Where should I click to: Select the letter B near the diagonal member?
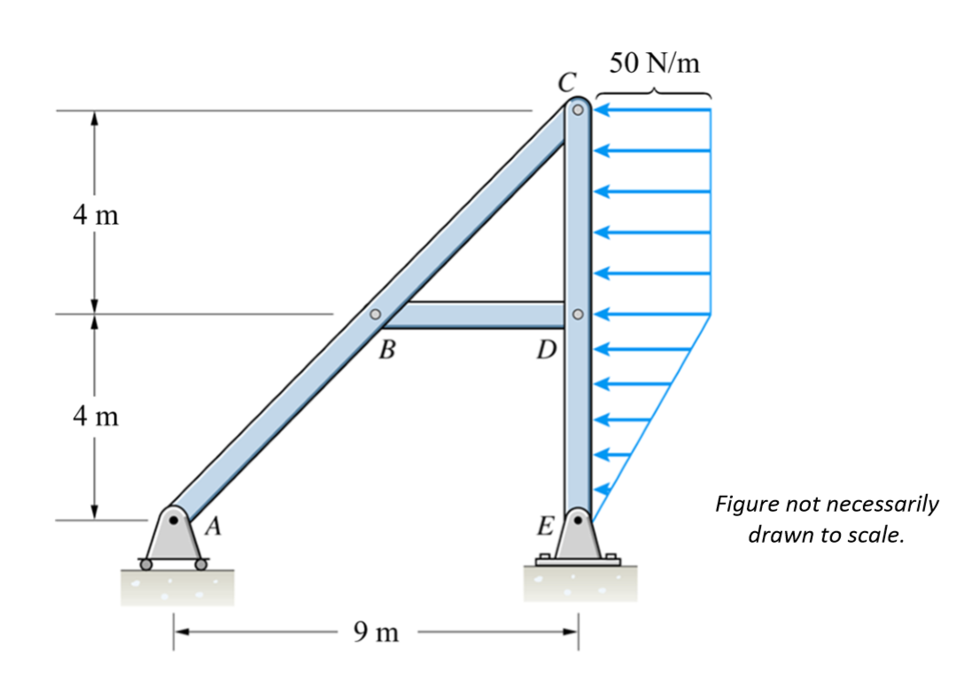point(385,350)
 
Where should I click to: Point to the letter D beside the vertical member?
point(546,352)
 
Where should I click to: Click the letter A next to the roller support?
point(213,529)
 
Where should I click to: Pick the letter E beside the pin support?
point(547,529)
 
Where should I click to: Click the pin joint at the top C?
point(577,111)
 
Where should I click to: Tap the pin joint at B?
point(375,314)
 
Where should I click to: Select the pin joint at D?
point(577,314)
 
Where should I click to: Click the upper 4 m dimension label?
point(95,215)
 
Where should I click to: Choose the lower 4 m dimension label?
point(95,415)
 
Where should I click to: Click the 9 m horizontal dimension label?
point(376,632)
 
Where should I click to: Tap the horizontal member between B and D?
point(478,314)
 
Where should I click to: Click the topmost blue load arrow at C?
point(652,111)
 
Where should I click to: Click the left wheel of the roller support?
point(146,563)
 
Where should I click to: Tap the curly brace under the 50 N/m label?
point(654,91)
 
